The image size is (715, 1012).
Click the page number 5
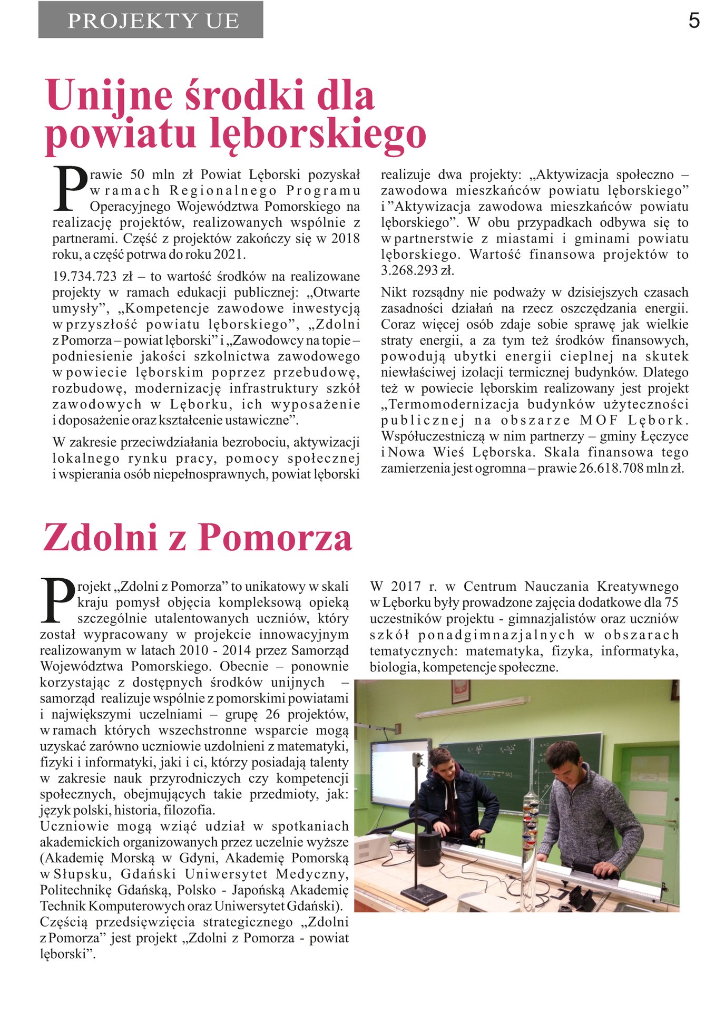pos(694,21)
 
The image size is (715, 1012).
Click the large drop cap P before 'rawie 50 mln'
pos(70,188)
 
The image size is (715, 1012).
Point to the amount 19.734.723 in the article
pos(84,277)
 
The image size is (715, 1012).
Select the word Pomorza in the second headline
pos(276,538)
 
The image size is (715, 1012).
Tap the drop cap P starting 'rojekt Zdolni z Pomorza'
pos(57,600)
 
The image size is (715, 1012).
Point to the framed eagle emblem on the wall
pos(460,692)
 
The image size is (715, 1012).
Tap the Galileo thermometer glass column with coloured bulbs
pos(530,828)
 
